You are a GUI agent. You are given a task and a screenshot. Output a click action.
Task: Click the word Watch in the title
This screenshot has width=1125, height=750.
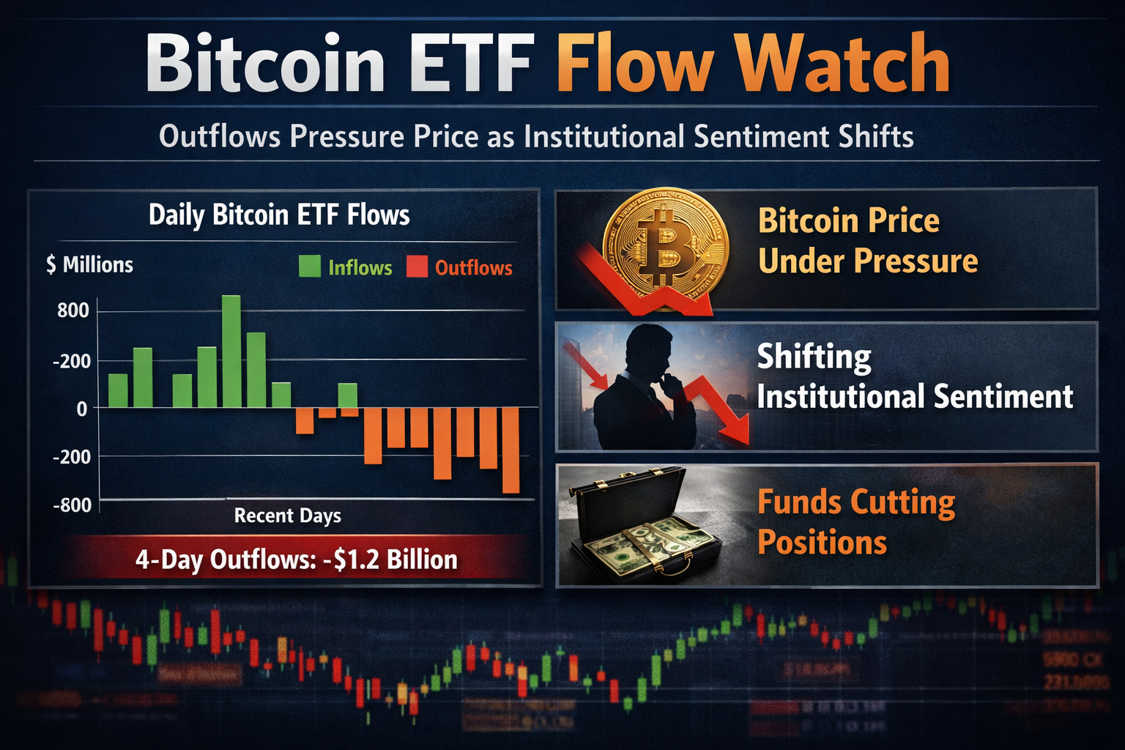coord(842,64)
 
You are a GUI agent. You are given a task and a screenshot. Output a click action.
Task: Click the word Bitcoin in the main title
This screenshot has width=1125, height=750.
coord(265,64)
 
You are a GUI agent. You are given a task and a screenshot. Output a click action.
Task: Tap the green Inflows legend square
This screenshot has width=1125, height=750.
coord(310,267)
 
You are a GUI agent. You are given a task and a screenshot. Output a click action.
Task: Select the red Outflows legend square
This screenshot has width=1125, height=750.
coord(417,267)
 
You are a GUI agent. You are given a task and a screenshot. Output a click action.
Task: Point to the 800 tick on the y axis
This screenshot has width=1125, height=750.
coord(73,311)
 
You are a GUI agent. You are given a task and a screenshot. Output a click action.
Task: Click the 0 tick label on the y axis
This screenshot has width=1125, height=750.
coord(82,409)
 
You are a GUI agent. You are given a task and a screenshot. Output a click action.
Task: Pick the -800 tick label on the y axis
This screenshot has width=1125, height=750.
coord(72,505)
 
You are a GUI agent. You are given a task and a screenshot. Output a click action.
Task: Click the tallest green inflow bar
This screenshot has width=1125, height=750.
coord(231,351)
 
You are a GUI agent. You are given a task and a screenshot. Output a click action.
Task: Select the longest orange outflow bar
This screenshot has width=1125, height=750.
coord(510,450)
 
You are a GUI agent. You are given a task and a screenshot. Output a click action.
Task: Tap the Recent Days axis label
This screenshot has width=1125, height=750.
coord(287,516)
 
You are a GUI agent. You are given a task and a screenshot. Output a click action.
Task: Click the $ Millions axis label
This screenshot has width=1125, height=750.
coord(89,264)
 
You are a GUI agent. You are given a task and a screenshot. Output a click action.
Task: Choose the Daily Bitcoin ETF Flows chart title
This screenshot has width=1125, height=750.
coord(279,215)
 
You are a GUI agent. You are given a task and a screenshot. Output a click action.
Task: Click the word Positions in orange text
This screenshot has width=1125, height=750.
coord(822,543)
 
